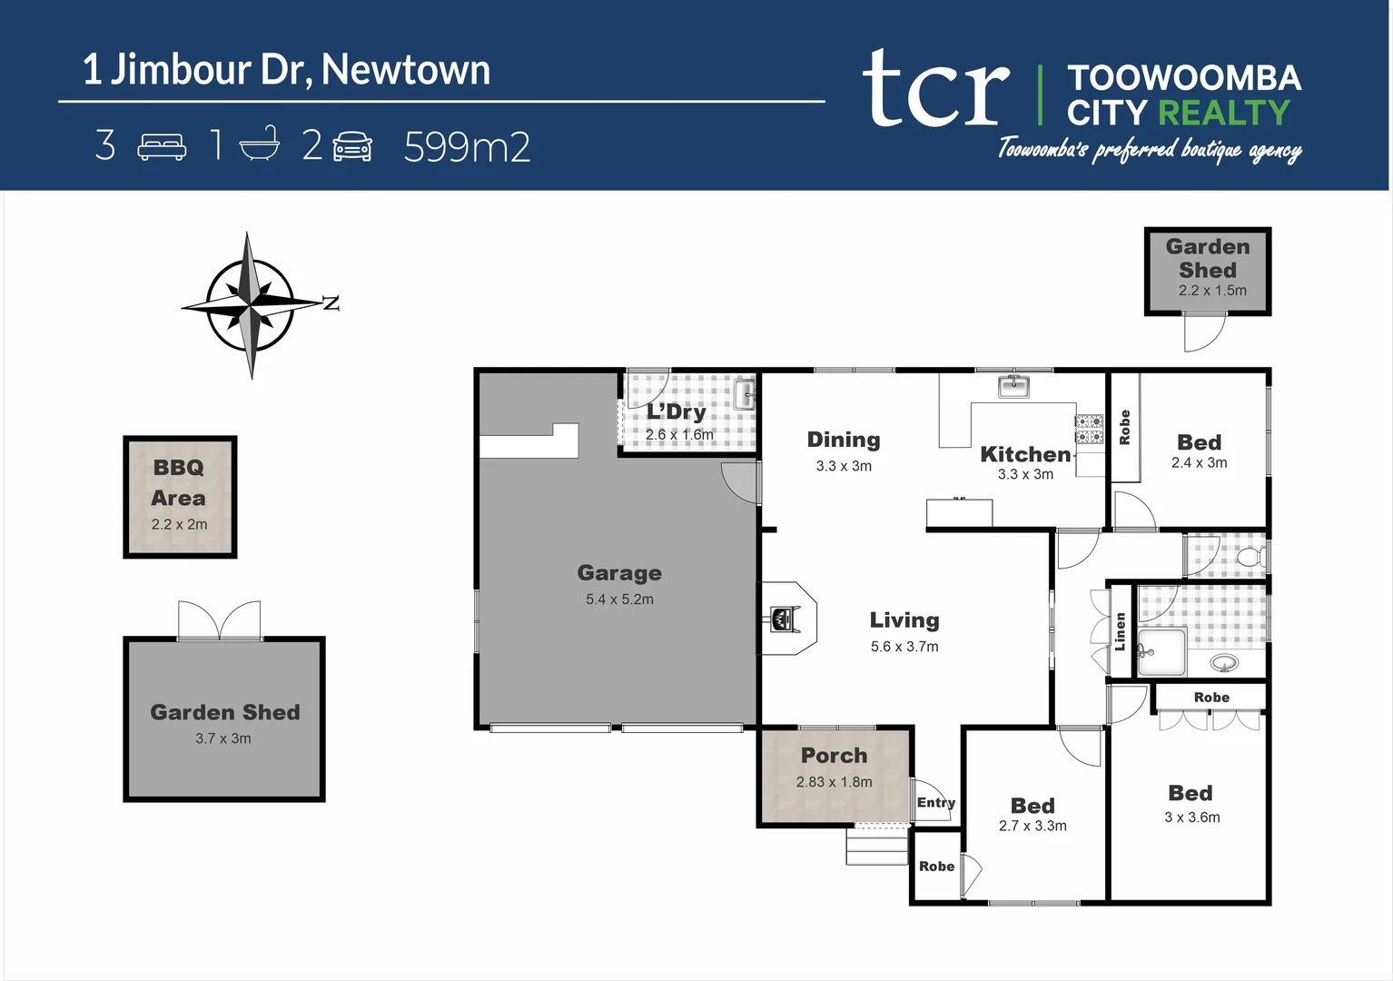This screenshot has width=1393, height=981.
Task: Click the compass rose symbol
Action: [252, 305]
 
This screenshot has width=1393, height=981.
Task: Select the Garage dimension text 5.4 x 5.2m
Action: [619, 599]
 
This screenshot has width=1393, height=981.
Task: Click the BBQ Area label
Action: [179, 482]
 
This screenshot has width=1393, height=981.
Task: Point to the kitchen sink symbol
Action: [1013, 386]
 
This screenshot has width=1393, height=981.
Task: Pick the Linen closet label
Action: [1121, 631]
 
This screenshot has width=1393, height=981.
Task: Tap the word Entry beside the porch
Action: [935, 803]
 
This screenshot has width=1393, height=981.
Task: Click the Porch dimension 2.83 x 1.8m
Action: [834, 782]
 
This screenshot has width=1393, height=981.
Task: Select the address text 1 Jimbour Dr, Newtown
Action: [287, 70]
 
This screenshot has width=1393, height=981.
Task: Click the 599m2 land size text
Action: [467, 147]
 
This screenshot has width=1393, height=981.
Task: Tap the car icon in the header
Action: [352, 146]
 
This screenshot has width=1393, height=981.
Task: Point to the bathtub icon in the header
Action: [260, 144]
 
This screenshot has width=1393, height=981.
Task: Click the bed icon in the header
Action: [162, 146]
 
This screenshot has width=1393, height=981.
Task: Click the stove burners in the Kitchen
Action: [1089, 429]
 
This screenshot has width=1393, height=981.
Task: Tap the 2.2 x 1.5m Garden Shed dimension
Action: [1212, 291]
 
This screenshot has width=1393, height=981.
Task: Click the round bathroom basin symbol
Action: [1224, 664]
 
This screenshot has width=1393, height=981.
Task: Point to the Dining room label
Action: [844, 441]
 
